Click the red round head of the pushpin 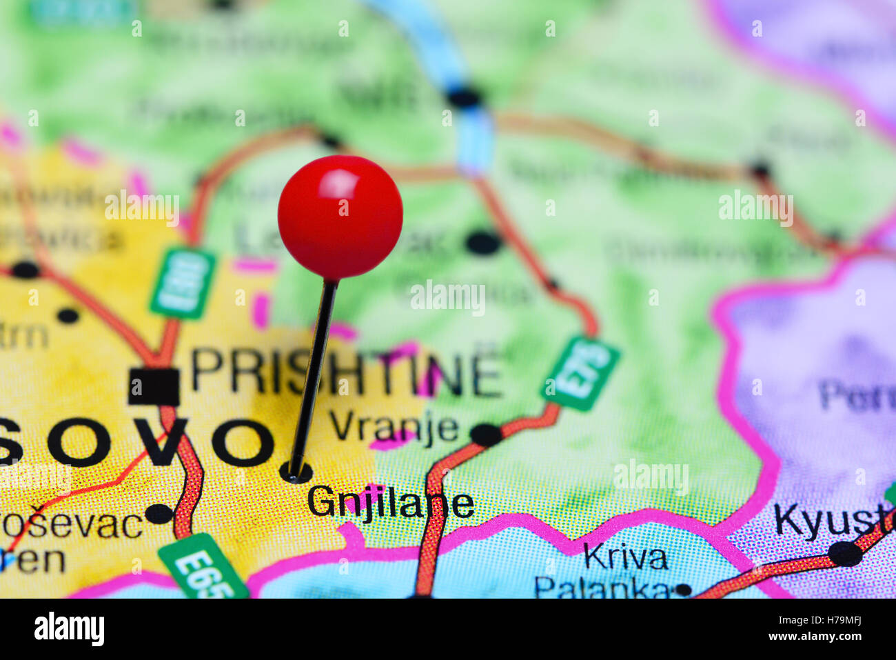click(340, 217)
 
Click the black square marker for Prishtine click(154, 386)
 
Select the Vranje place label click(394, 427)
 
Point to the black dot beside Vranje click(486, 434)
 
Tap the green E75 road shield click(580, 373)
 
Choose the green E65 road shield click(203, 567)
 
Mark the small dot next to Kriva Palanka click(683, 590)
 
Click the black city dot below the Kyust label click(845, 553)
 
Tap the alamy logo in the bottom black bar click(69, 629)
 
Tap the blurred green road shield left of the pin click(183, 283)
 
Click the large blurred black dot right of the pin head click(482, 243)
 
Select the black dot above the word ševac click(159, 513)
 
